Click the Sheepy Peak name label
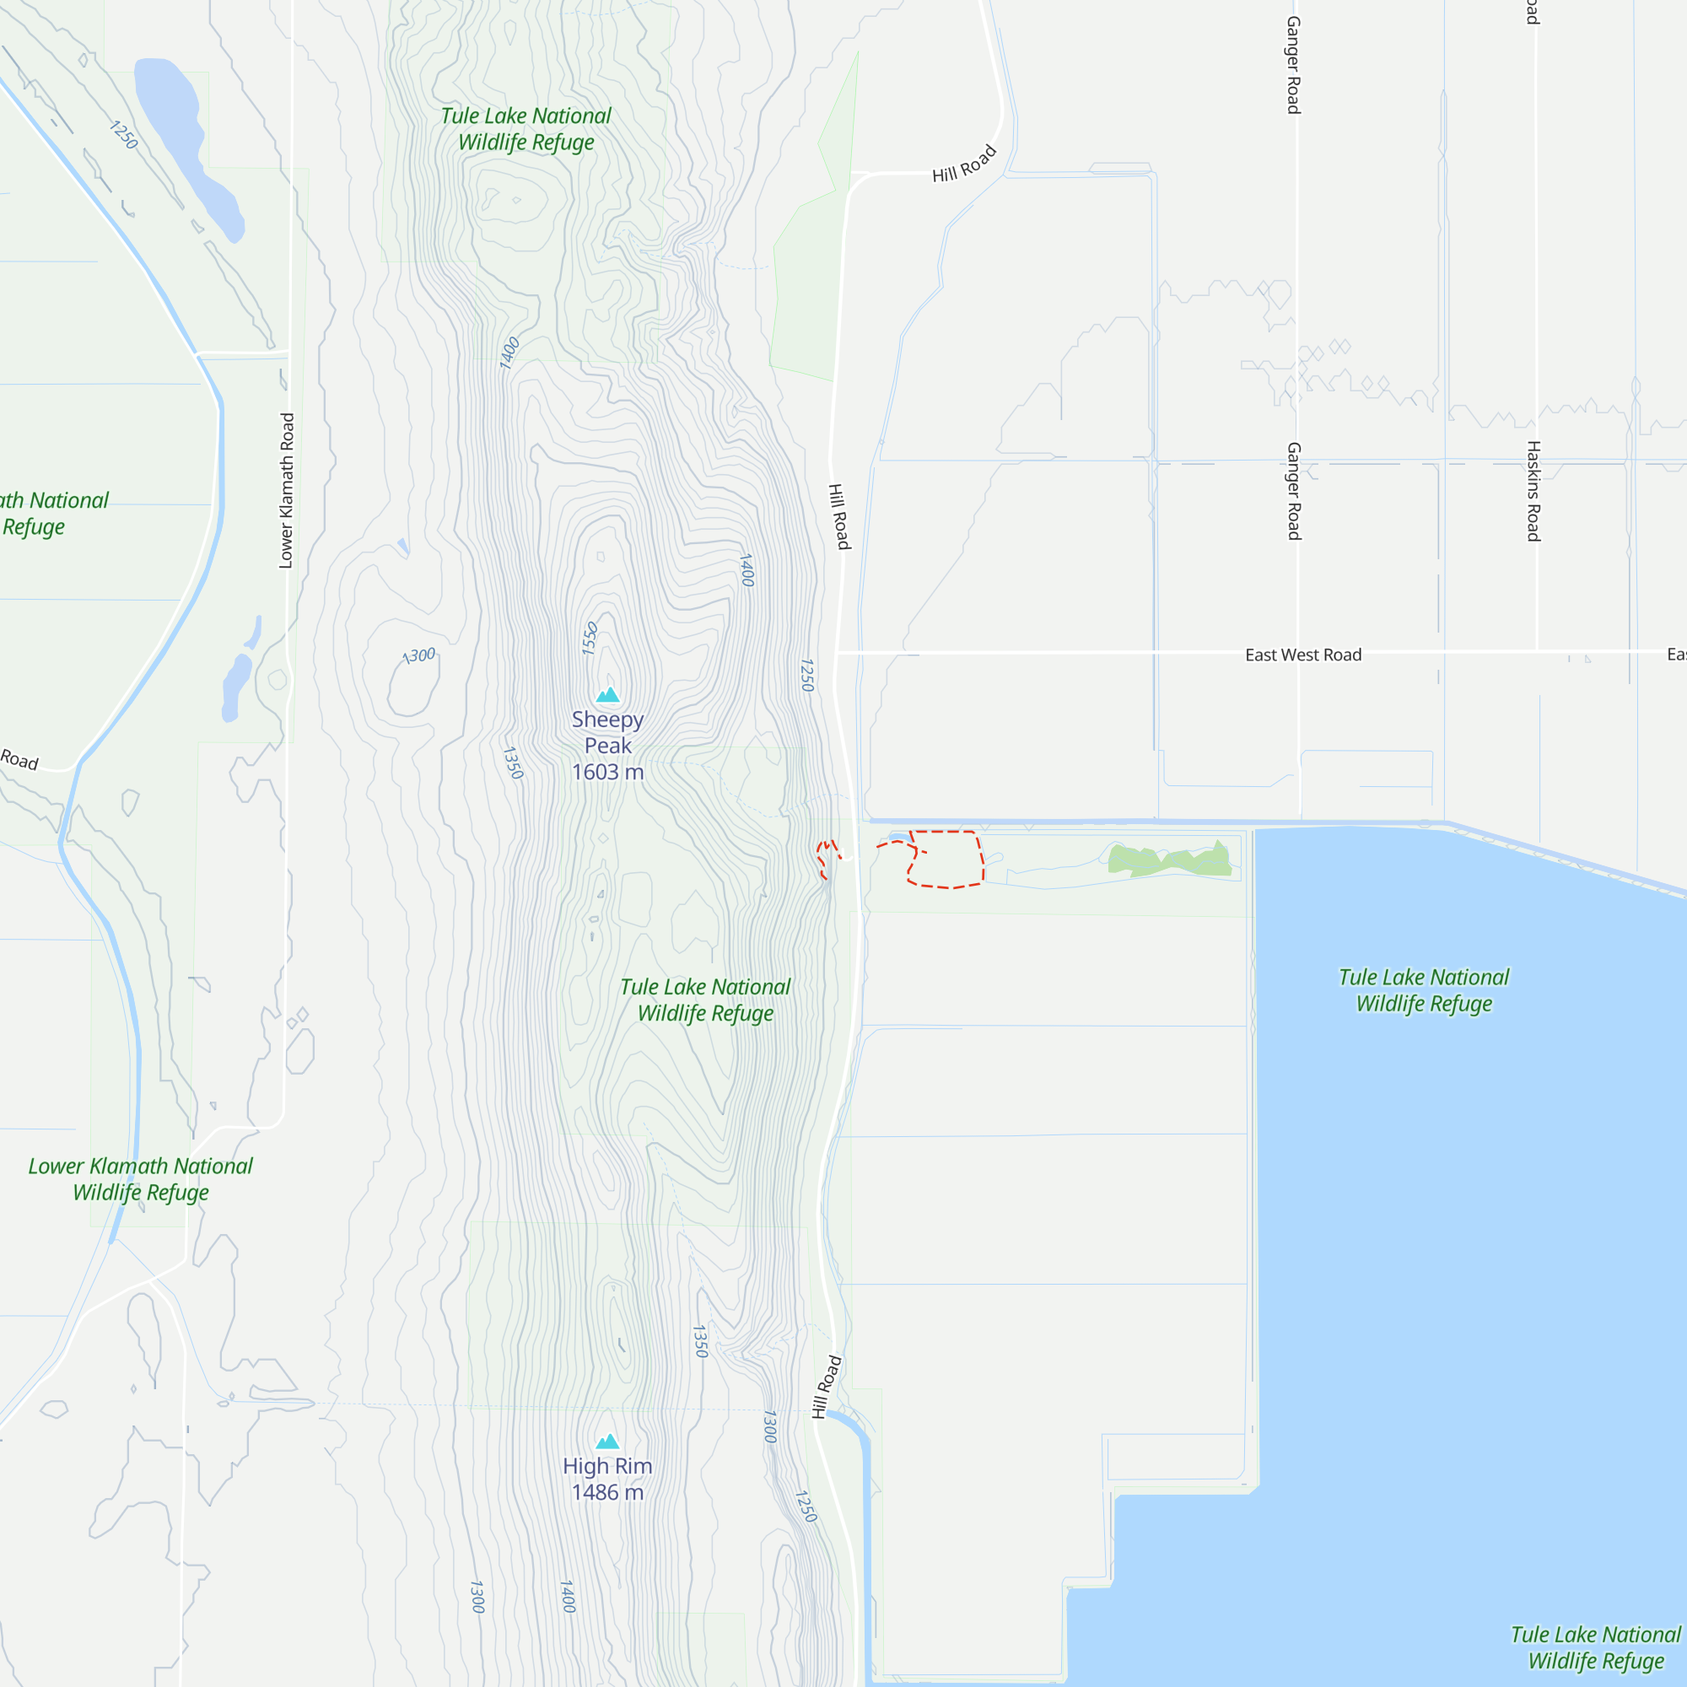pyautogui.click(x=606, y=733)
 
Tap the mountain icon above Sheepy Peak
pyautogui.click(x=607, y=695)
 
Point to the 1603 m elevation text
pyautogui.click(x=606, y=772)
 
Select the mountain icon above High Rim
pyautogui.click(x=606, y=1441)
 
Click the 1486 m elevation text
pyautogui.click(x=606, y=1492)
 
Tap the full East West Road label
pyautogui.click(x=1303, y=655)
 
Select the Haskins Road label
pyautogui.click(x=1533, y=491)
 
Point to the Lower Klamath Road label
pyautogui.click(x=287, y=491)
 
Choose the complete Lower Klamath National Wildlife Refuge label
pyautogui.click(x=141, y=1179)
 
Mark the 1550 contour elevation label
pyautogui.click(x=590, y=638)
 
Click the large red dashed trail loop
pyautogui.click(x=946, y=860)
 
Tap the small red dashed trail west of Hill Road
pyautogui.click(x=824, y=860)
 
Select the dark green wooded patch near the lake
pyautogui.click(x=1170, y=860)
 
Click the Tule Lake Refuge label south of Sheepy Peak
pyautogui.click(x=704, y=1000)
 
